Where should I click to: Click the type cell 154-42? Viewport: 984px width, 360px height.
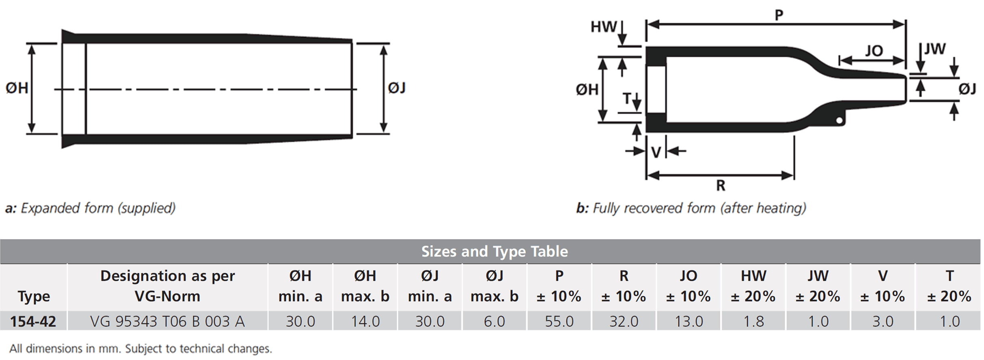click(33, 321)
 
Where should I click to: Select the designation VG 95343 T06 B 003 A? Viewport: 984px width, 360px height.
click(167, 321)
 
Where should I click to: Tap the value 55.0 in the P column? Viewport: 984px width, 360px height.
click(559, 321)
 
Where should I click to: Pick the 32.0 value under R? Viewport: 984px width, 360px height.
click(624, 321)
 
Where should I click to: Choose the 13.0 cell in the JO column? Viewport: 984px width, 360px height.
click(688, 321)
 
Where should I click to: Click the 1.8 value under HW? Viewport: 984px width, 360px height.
click(753, 321)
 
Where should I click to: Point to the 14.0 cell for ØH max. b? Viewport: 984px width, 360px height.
click(365, 321)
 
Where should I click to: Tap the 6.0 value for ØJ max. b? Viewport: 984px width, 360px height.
click(494, 321)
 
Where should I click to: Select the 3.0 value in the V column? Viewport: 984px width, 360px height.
click(883, 321)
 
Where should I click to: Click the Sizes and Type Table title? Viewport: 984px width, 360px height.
click(494, 252)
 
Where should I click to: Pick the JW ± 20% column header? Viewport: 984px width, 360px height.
click(818, 286)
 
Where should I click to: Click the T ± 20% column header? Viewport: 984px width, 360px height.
click(949, 286)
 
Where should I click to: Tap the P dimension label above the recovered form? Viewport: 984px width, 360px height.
click(779, 15)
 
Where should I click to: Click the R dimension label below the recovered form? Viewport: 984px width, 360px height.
click(721, 185)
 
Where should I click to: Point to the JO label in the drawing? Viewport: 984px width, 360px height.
click(874, 51)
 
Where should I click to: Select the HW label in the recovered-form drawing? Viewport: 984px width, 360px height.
click(604, 27)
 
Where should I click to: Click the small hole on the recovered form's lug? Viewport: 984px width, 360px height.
click(839, 120)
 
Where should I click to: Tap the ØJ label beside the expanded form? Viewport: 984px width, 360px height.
click(397, 88)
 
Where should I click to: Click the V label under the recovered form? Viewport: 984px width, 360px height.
click(656, 152)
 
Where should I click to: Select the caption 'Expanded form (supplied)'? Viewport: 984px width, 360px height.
click(98, 208)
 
